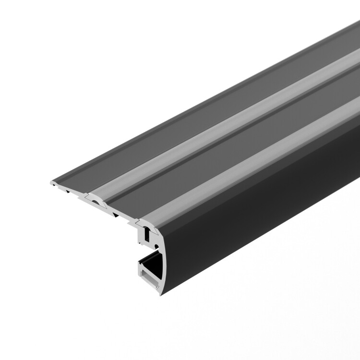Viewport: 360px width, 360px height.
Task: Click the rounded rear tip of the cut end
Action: (x=51, y=183)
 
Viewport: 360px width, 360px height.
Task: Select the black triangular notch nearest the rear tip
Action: (x=70, y=191)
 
